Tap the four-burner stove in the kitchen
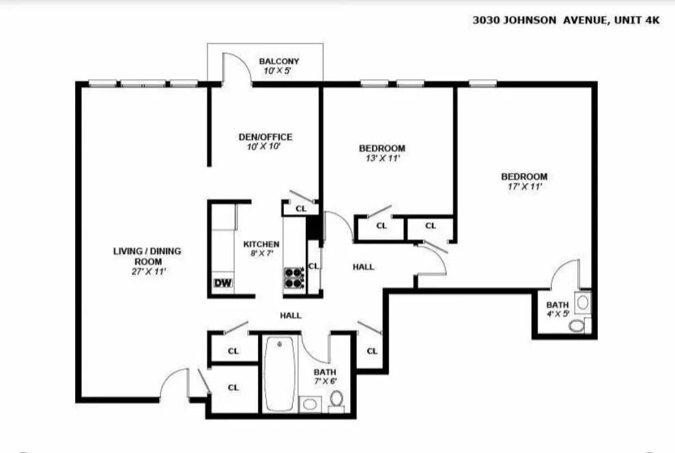pos(293,277)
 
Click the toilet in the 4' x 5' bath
pos(577,325)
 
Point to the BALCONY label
pos(278,61)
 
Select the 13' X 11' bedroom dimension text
pos(382,158)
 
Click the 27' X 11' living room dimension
pos(147,271)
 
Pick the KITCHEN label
pos(261,244)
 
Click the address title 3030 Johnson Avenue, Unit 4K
pos(566,20)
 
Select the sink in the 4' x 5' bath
pos(583,300)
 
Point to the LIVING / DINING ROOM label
pos(147,256)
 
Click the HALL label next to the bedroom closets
pos(363,267)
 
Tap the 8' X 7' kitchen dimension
pos(261,254)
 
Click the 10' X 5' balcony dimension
pos(278,71)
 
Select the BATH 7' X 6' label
pos(325,377)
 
